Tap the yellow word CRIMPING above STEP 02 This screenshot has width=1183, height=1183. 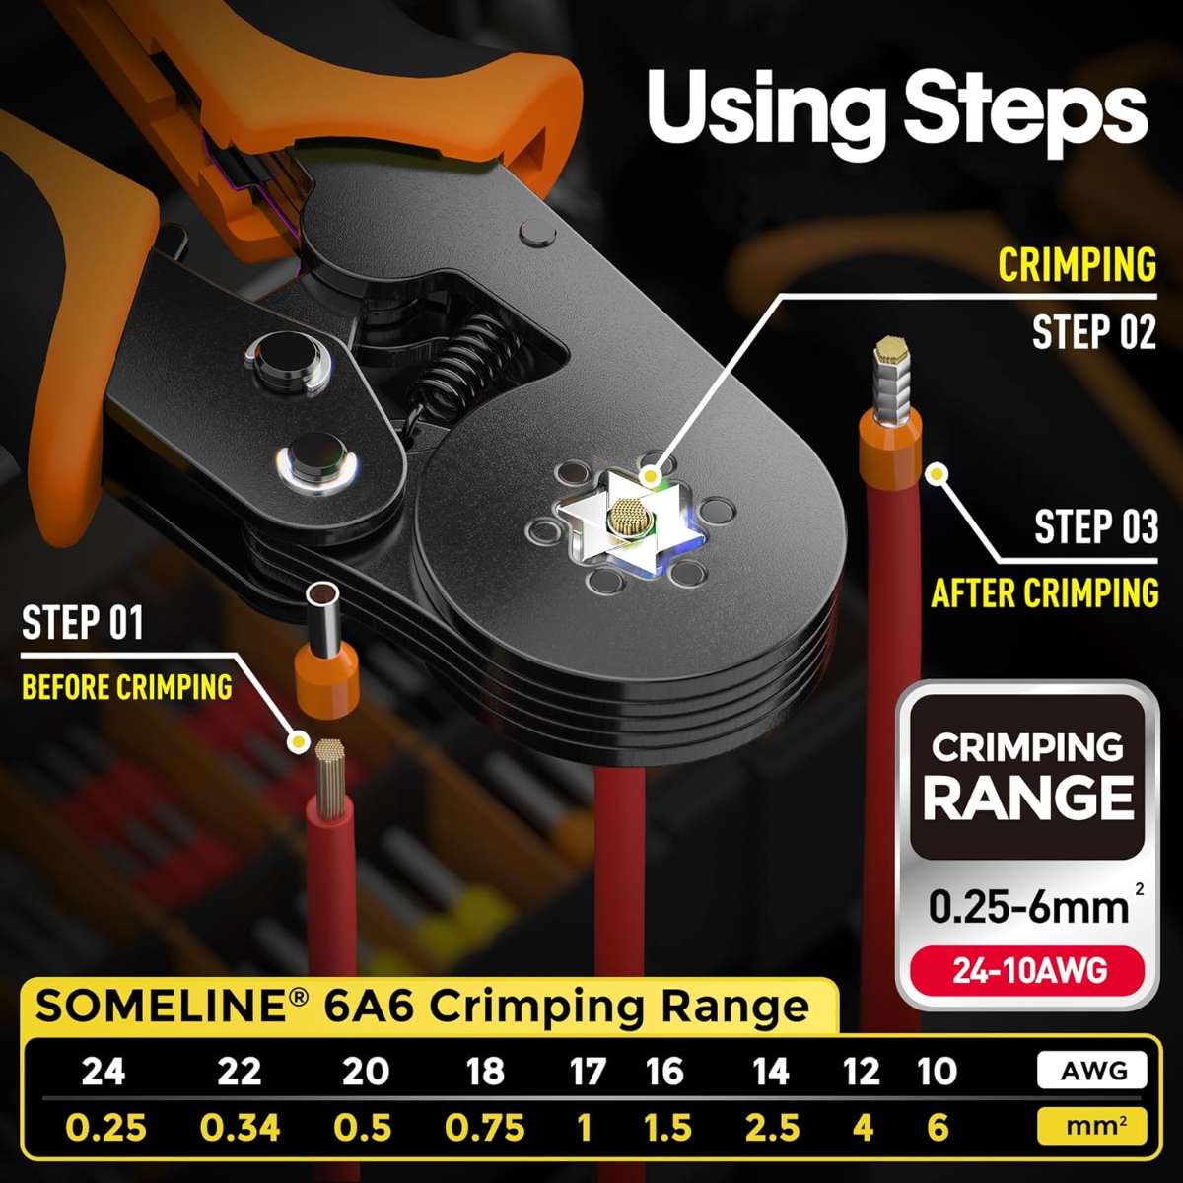click(x=1077, y=265)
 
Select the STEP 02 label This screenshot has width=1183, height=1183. click(x=1094, y=332)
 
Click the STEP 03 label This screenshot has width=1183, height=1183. click(x=1096, y=526)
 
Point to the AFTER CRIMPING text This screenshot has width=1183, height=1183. click(x=1045, y=593)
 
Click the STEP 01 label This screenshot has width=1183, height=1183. click(x=82, y=622)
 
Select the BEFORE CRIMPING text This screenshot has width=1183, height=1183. click(x=127, y=687)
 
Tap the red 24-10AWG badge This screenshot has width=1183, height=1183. click(x=1029, y=971)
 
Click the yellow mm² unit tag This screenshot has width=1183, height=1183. click(x=1092, y=1127)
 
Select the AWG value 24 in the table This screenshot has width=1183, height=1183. click(x=104, y=1072)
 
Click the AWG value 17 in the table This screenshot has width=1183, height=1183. click(x=587, y=1072)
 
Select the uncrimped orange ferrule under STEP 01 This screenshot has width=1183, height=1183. click(x=326, y=654)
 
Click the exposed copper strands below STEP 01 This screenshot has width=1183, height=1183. click(x=331, y=779)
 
